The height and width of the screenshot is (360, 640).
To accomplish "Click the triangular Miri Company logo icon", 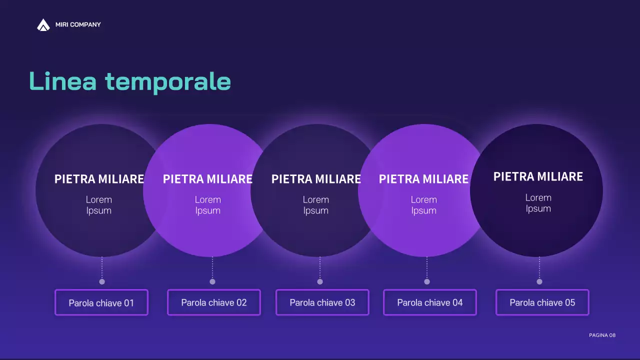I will (43, 25).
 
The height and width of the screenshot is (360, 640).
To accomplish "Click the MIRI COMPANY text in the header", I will (78, 24).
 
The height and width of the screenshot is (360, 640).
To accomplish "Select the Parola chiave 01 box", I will (101, 302).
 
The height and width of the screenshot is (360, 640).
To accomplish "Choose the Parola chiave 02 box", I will (214, 302).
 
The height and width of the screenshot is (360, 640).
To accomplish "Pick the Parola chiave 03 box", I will (322, 302).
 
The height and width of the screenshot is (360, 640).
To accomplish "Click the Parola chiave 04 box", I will (430, 302).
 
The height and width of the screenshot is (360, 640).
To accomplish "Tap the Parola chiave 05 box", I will (542, 302).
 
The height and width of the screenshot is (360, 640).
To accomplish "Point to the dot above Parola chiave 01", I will (102, 281).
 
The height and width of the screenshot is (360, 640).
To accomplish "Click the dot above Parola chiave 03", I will (320, 281).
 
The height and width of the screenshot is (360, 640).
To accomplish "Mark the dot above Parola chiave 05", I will (539, 281).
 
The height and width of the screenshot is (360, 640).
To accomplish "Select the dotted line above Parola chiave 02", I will (212, 268).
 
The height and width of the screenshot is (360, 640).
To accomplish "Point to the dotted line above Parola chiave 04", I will (427, 268).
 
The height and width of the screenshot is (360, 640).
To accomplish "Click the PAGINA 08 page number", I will (602, 335).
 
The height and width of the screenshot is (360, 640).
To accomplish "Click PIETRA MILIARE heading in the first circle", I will (99, 179).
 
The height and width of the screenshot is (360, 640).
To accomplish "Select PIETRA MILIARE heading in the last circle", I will (538, 176).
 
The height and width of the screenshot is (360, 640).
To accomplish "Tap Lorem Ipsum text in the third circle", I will (316, 205).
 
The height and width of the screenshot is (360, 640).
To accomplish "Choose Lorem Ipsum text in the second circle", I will (208, 205).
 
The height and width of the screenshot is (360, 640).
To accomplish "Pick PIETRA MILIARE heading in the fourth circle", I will (423, 179).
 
